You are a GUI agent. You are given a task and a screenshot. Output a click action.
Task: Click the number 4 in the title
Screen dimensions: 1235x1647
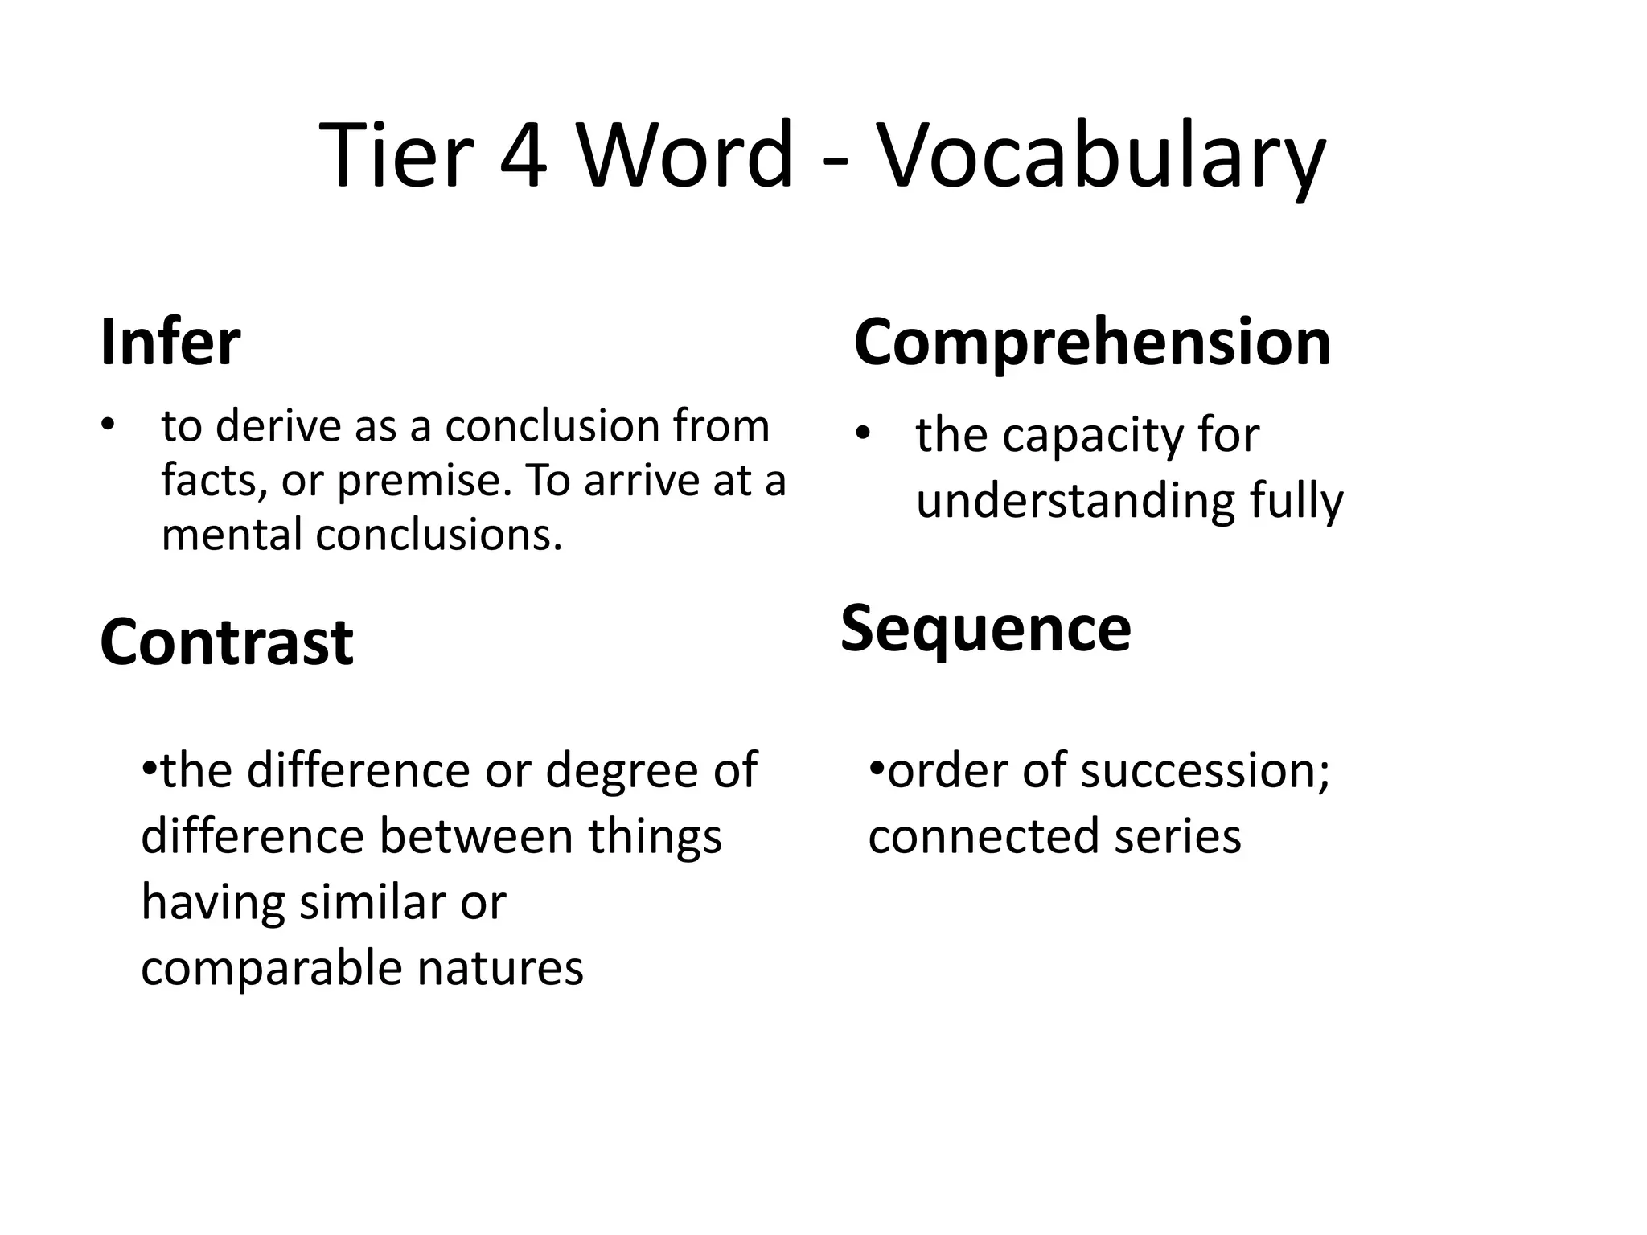pos(524,154)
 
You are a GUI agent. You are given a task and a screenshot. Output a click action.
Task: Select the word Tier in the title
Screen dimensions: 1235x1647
pos(394,154)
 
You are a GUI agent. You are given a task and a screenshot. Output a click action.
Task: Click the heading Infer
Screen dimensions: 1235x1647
pos(170,343)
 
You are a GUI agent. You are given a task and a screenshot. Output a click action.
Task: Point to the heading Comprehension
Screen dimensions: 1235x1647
pos(1092,343)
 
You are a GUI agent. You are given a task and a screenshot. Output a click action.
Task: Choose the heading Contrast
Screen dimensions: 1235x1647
pos(227,642)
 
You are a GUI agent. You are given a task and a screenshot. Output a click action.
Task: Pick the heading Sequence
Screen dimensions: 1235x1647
pos(986,630)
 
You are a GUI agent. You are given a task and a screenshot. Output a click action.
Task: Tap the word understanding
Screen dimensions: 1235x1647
pos(1074,502)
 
